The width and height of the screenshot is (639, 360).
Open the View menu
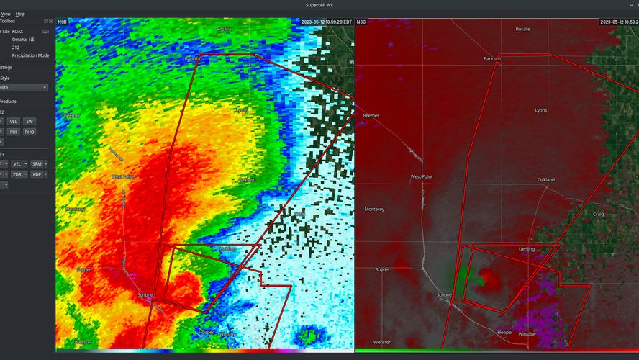click(6, 14)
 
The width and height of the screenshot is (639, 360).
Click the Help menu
click(20, 14)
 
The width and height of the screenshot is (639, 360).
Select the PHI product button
click(14, 132)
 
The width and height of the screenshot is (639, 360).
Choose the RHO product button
click(30, 132)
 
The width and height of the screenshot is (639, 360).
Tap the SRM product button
click(37, 164)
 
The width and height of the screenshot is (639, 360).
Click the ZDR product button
click(17, 174)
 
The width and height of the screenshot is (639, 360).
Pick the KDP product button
click(37, 174)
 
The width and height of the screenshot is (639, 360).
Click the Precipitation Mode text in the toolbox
click(30, 55)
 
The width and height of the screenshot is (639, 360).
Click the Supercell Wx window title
click(319, 5)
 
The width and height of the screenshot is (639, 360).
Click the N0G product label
click(361, 22)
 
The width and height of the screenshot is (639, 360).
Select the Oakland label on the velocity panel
click(545, 179)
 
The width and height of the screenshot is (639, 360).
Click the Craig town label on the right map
click(599, 214)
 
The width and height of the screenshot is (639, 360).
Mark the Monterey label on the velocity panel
click(374, 209)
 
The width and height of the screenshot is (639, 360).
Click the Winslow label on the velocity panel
click(527, 334)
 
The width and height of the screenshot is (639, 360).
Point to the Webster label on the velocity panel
click(382, 342)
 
